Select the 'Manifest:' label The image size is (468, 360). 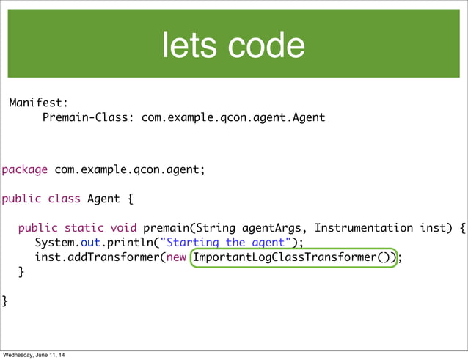coord(38,103)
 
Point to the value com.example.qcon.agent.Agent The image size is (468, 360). coord(233,117)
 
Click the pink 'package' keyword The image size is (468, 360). coord(25,170)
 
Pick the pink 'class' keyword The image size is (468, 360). coord(64,199)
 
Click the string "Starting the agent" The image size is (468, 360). coord(231,243)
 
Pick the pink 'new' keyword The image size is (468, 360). coord(176,257)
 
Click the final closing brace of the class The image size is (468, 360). coord(5,301)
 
